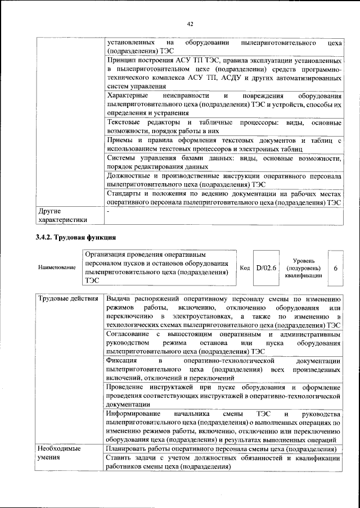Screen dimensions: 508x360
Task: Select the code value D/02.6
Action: tap(267, 268)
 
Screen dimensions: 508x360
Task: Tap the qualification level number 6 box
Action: tap(335, 268)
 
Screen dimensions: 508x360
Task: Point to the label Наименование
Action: tap(57, 268)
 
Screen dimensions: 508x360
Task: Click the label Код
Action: tap(245, 268)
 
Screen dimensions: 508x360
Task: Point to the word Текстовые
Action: tap(125, 123)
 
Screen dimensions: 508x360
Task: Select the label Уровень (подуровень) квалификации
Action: tap(303, 268)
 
